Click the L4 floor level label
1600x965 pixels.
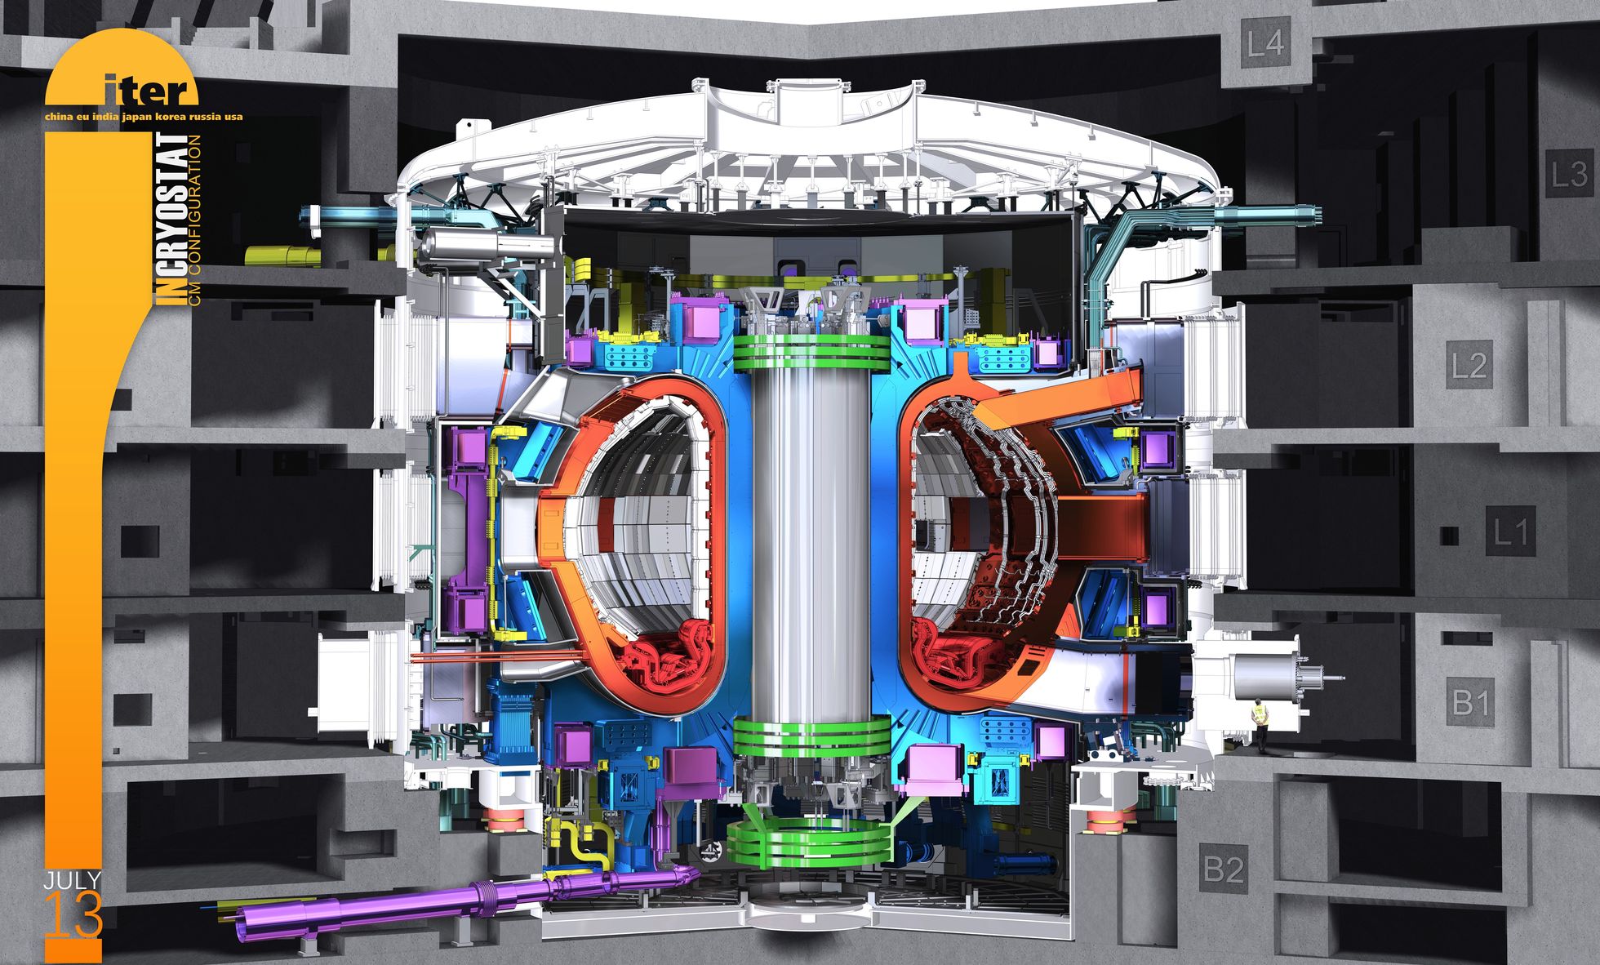click(1264, 42)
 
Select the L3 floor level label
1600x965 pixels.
click(1568, 174)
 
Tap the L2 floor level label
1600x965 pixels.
click(1469, 365)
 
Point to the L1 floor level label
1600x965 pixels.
click(1509, 532)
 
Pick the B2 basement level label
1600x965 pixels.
click(1224, 869)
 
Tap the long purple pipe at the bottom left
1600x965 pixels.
click(457, 897)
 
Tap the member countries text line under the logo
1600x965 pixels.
click(144, 117)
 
